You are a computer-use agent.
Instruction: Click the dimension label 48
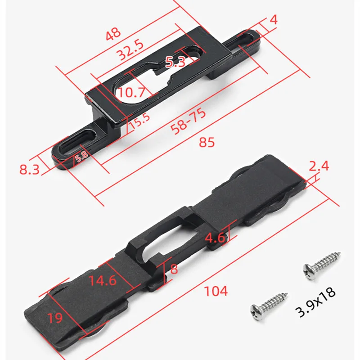point(113,34)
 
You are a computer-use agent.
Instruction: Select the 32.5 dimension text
point(130,50)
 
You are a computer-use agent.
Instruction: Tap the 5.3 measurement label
point(175,62)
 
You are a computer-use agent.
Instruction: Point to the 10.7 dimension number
point(131,92)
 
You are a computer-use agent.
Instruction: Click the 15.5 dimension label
point(140,121)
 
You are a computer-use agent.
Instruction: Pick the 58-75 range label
point(188,121)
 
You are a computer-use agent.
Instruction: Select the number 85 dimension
point(207,142)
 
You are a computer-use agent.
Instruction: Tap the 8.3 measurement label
point(29,170)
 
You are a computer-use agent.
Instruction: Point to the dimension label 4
point(273,20)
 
